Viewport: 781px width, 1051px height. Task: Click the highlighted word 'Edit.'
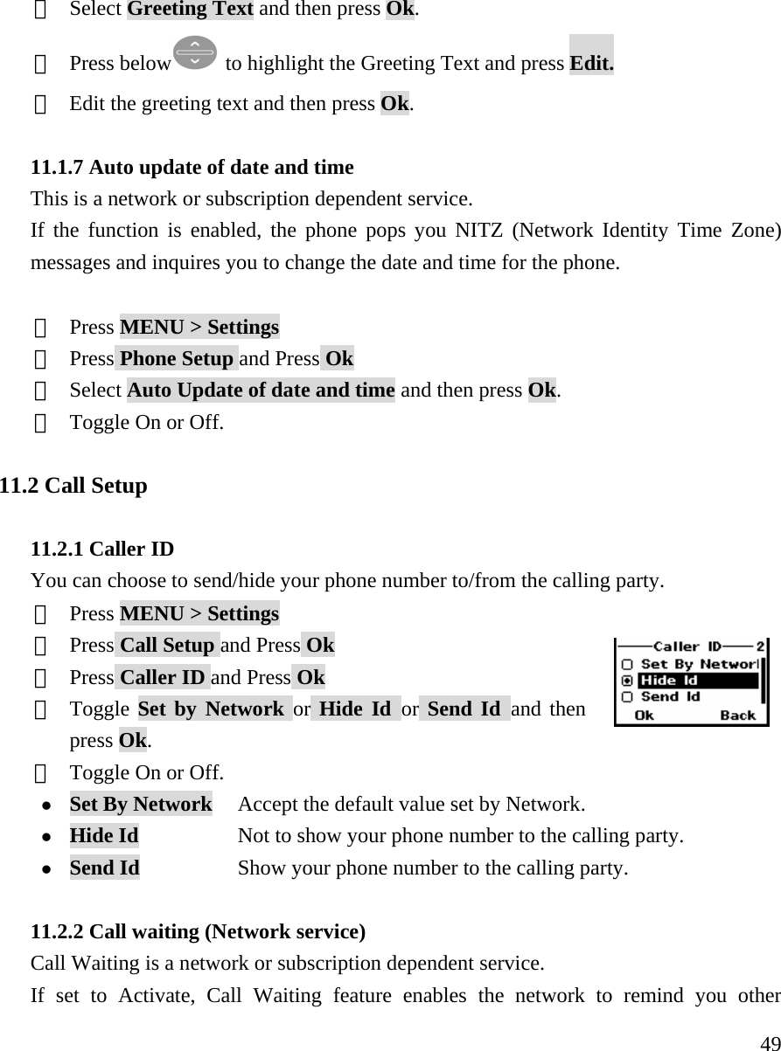tap(591, 63)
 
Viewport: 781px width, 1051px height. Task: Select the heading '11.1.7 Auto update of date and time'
tap(192, 167)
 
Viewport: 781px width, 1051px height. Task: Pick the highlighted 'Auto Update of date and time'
tap(261, 391)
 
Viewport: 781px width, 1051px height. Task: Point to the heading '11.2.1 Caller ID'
tap(102, 550)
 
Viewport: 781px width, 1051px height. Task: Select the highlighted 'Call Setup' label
tap(166, 646)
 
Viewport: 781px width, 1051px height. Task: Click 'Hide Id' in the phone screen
tap(669, 681)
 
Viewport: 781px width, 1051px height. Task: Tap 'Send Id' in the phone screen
tap(670, 697)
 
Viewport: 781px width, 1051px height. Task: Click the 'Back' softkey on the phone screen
tap(736, 715)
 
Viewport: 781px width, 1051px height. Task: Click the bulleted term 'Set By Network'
tap(140, 804)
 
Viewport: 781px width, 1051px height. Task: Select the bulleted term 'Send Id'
tap(104, 868)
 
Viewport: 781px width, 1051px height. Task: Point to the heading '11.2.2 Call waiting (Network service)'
tap(198, 932)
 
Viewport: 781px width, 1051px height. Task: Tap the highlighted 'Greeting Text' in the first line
tap(190, 10)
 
